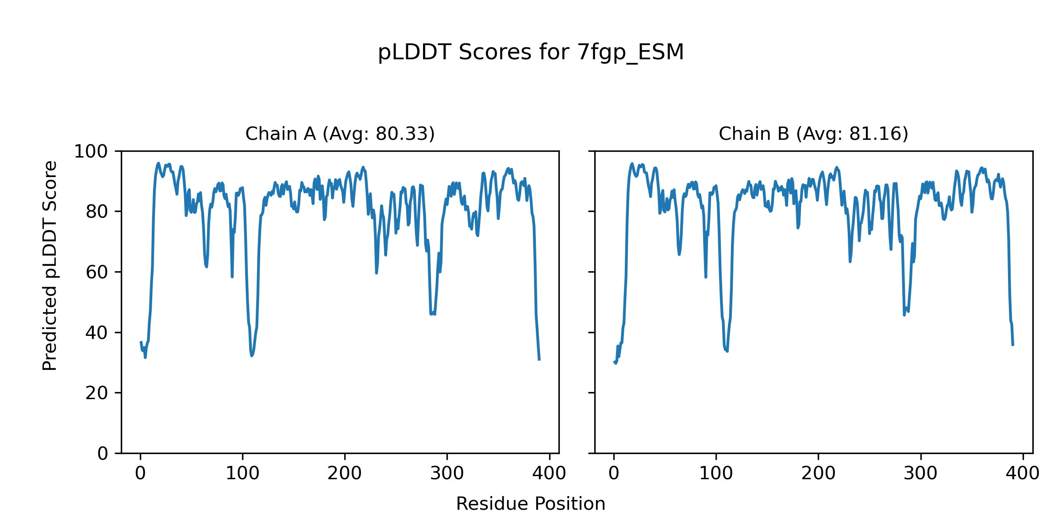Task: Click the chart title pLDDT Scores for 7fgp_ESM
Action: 531,53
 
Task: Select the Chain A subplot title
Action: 340,134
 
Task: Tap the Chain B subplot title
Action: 813,134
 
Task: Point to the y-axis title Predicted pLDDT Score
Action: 50,265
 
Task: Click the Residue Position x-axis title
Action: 531,504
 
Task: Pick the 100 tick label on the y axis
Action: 91,152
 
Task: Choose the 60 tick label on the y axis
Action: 97,273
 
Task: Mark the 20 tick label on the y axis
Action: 97,393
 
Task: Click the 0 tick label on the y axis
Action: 103,454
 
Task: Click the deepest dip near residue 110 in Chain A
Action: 252,355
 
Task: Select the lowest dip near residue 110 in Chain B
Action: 727,351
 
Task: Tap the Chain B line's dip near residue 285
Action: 904,314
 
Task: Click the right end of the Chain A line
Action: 539,360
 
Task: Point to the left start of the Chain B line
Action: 614,362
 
